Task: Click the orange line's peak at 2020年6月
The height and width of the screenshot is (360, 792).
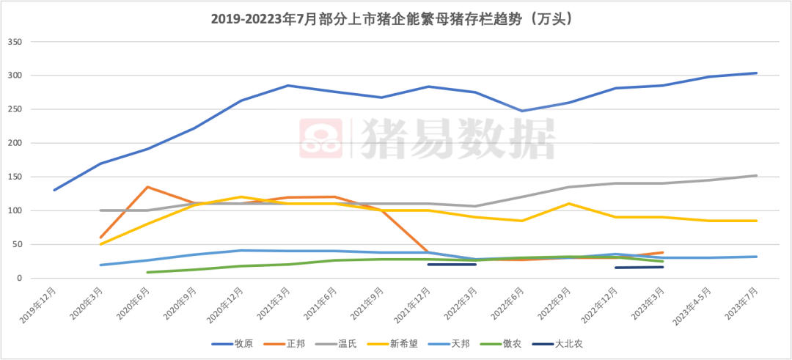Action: [148, 187]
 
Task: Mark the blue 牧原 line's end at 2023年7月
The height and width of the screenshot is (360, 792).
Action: [757, 73]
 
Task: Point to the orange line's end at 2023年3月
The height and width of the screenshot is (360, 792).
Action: [663, 252]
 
